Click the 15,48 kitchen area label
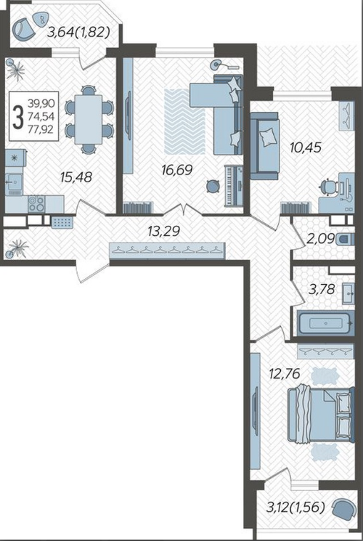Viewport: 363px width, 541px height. [76, 177]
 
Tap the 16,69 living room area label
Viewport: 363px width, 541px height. [176, 170]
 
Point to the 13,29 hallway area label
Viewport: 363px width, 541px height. [163, 231]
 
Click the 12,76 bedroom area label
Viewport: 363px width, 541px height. [285, 373]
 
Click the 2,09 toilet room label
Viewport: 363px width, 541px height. [321, 238]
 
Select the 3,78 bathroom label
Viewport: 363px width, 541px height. [322, 289]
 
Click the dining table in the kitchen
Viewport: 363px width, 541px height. [89, 119]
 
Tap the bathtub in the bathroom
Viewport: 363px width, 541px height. [326, 323]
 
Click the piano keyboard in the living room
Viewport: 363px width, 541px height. [234, 186]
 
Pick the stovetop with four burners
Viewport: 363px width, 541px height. [36, 203]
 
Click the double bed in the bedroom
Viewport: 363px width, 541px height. [321, 414]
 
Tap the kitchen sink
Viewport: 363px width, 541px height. [14, 180]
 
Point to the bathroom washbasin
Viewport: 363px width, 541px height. [348, 293]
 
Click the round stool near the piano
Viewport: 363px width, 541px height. [213, 187]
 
